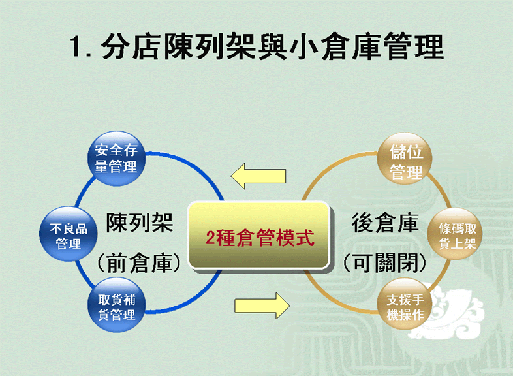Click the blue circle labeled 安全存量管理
pos(116,159)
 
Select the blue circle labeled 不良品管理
pos(69,234)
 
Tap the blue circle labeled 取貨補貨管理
pos(116,305)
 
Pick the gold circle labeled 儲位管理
pos(405,159)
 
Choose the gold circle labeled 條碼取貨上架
pos(455,234)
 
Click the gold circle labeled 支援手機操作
pos(405,304)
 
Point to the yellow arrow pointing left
pos(258,176)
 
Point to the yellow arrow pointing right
pos(262,306)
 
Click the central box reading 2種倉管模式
pos(259,235)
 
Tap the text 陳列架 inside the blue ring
pos(140,223)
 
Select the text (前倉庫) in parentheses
pos(140,262)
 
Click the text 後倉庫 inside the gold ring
pos(385,223)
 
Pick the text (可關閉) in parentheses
pos(385,262)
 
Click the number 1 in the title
pos(76,46)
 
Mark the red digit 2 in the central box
pos(210,238)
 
